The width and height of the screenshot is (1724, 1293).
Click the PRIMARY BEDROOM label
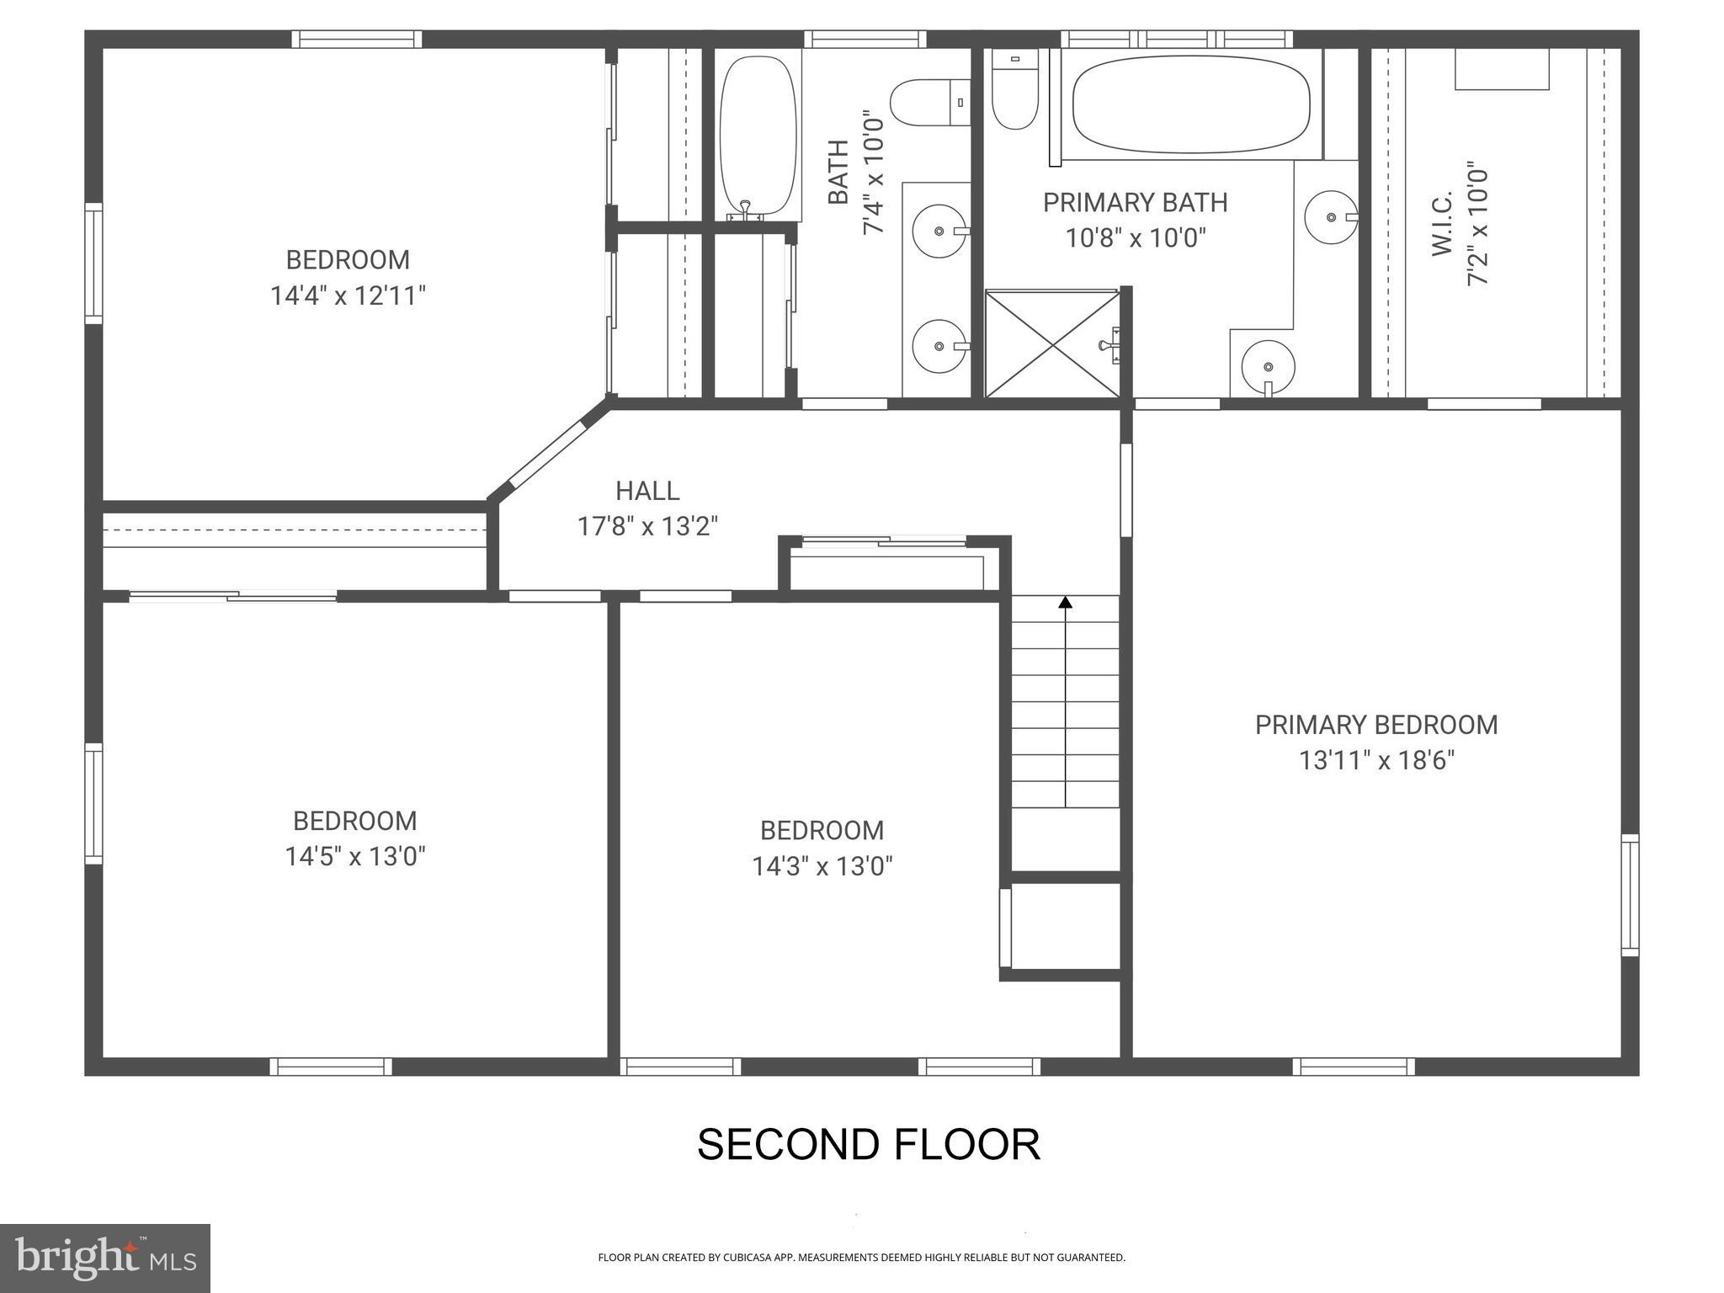click(x=1375, y=725)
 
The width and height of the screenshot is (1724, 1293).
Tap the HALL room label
click(x=646, y=490)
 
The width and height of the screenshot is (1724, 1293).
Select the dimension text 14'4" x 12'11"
click(x=348, y=295)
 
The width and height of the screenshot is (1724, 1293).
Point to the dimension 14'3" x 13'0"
click(x=822, y=866)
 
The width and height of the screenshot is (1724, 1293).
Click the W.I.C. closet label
click(x=1442, y=224)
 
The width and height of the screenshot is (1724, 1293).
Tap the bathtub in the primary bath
click(x=1190, y=104)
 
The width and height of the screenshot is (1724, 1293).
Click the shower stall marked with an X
click(x=1052, y=344)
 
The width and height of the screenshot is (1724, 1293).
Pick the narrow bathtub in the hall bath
click(x=757, y=135)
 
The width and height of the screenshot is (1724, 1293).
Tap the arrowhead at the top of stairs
click(x=1066, y=602)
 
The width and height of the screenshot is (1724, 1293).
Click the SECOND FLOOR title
click(x=868, y=1144)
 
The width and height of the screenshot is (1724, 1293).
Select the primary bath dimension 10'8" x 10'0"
click(x=1136, y=238)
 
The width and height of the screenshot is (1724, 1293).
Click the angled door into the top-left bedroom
click(x=547, y=455)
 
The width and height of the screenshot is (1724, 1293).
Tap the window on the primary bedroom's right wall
click(x=1631, y=895)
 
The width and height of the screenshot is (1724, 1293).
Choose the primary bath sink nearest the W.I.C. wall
click(x=1330, y=217)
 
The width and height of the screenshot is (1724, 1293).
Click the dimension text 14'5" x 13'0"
click(x=354, y=857)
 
